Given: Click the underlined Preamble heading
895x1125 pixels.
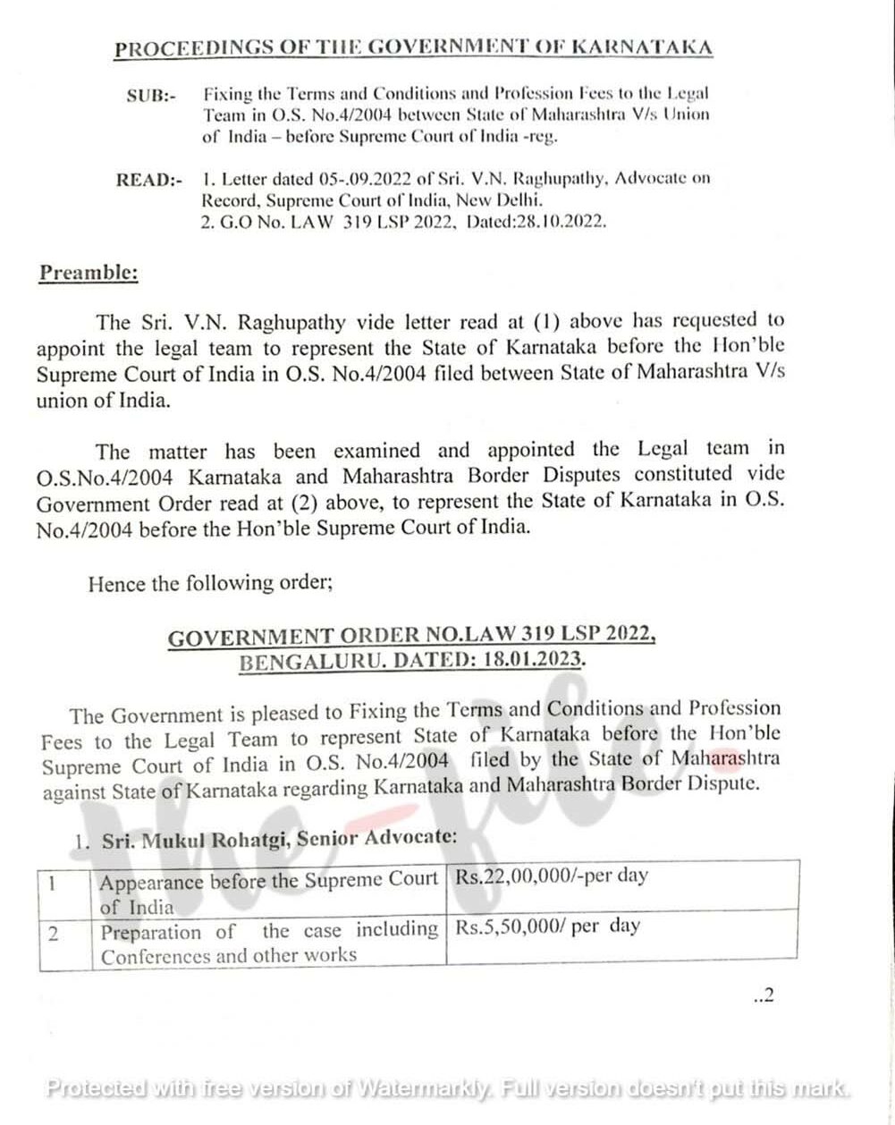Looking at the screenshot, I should pyautogui.click(x=88, y=273).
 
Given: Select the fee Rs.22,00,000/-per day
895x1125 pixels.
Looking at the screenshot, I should pyautogui.click(x=552, y=876).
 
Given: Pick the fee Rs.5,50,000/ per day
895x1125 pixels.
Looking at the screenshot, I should pyautogui.click(x=548, y=926).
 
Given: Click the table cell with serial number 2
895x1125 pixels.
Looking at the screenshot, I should pyautogui.click(x=54, y=935).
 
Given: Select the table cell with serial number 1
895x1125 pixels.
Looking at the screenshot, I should pyautogui.click(x=54, y=884).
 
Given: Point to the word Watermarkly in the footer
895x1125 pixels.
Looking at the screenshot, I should pyautogui.click(x=426, y=1088).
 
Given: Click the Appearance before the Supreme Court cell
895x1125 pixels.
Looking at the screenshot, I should pyautogui.click(x=268, y=892).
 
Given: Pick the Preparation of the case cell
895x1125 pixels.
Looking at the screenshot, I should pyautogui.click(x=268, y=943).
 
